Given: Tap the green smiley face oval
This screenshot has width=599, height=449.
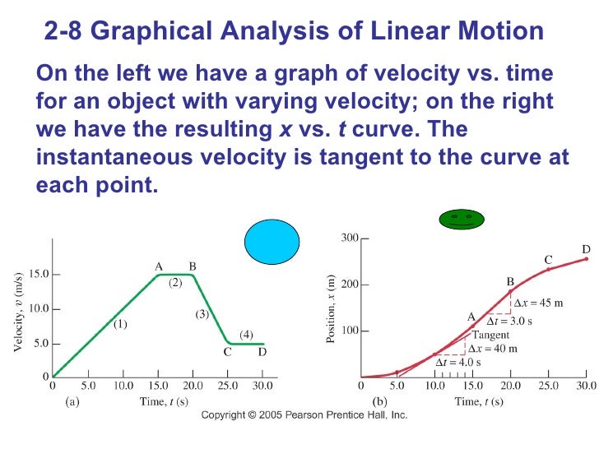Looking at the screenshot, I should point(461,219).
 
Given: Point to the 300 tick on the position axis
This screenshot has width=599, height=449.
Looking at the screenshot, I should point(350,238).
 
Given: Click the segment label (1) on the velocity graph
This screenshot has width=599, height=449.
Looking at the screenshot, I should point(120,324).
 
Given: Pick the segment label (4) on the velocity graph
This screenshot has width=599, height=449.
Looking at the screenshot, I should point(246,334).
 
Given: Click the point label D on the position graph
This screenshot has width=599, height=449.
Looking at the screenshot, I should point(586,248).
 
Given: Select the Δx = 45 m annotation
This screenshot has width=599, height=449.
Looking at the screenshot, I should point(538,303).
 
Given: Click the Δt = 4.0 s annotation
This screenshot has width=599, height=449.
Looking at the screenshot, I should point(458,362).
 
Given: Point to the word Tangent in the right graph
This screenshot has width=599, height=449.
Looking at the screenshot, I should point(490,335).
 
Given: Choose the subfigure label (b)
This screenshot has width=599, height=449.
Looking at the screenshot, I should point(379,401).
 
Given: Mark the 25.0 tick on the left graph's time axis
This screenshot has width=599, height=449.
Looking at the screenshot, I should point(228,384).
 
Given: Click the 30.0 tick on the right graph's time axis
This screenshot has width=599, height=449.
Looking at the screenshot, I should point(586,384).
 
